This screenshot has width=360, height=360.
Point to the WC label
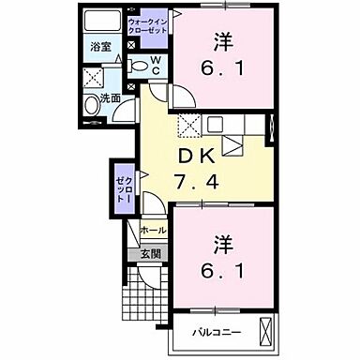pyautogui.click(x=155, y=65)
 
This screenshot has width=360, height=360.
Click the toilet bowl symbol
pyautogui.click(x=138, y=66)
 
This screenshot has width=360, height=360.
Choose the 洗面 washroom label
pyautogui.click(x=111, y=97)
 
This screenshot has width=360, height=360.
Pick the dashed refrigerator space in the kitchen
pyautogui.click(x=189, y=125)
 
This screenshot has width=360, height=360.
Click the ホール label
pyautogui.click(x=153, y=229)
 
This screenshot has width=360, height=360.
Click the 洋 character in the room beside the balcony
pyautogui.click(x=223, y=243)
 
